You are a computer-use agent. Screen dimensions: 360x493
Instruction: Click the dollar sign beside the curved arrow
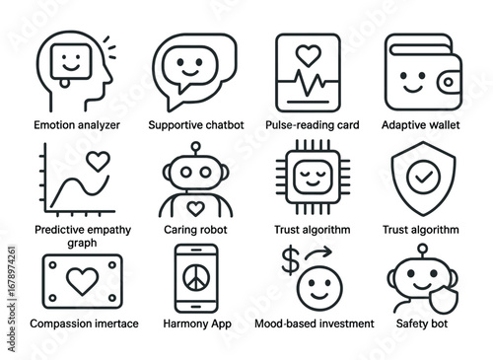(288, 260)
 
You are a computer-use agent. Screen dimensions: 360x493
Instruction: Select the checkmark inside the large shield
(421, 179)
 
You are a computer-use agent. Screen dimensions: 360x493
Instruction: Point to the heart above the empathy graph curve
(96, 158)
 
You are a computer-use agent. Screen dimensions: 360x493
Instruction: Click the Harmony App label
(196, 323)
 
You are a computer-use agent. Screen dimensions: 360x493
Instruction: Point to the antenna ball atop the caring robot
(196, 147)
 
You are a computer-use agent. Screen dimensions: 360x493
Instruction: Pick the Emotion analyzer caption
(70, 125)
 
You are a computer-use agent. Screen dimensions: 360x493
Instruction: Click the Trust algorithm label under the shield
(421, 230)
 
